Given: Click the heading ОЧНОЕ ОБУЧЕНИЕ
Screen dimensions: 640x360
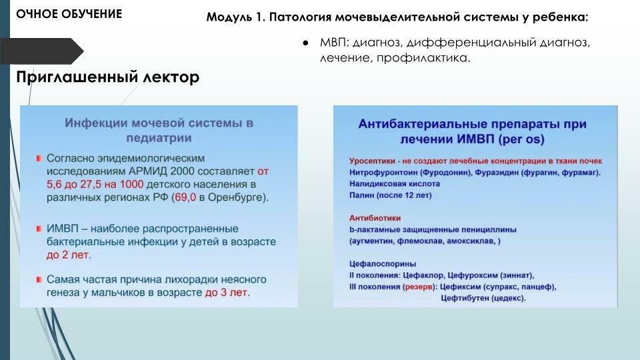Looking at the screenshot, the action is point(69,14).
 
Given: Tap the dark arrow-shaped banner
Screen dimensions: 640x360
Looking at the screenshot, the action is point(41,51).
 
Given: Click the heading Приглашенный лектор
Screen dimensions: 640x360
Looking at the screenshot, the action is point(108,77).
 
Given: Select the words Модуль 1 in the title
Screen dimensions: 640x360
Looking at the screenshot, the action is point(235,17).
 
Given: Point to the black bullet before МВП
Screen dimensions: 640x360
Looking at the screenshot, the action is point(305,43).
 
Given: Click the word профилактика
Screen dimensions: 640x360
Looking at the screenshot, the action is point(423,58).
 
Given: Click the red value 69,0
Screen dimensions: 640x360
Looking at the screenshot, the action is point(185,197).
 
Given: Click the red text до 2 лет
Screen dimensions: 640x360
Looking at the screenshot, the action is point(69,255).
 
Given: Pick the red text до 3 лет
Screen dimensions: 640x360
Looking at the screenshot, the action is point(227,293).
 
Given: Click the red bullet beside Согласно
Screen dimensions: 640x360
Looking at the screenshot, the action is point(39,158).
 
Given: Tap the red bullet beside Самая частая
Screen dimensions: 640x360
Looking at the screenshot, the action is point(39,279).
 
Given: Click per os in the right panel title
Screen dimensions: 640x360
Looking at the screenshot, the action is point(521,139).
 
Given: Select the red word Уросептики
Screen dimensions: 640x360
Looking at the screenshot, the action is point(372,161).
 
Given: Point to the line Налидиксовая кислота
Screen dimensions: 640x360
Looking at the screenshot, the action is point(395,184).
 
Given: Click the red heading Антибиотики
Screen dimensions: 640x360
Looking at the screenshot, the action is point(375,218).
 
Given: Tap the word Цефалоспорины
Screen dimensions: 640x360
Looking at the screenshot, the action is point(383,264).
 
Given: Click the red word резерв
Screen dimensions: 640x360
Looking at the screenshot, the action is point(419,287).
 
